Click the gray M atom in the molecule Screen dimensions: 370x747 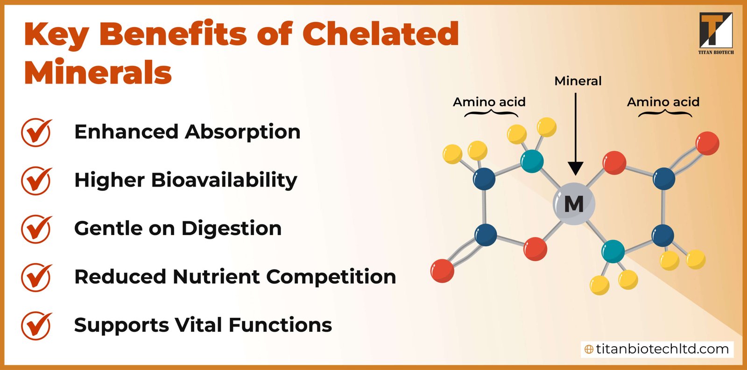[x=574, y=204]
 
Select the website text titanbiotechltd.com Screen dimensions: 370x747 [x=662, y=349]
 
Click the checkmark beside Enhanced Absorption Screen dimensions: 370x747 [x=36, y=133]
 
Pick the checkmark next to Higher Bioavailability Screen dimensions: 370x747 [x=36, y=181]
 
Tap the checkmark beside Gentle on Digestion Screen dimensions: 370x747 [x=36, y=229]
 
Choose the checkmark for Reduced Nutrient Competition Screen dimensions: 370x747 [x=36, y=277]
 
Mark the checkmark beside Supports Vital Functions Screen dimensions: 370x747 [x=36, y=326]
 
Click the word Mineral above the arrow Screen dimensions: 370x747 [x=578, y=81]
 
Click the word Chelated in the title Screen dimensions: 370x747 [x=381, y=34]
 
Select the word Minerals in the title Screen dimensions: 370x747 [x=98, y=73]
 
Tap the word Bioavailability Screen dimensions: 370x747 [x=224, y=180]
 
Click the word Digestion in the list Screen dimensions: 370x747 [x=232, y=229]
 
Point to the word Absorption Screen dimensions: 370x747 [x=243, y=132]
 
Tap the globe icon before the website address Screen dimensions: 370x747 [x=589, y=349]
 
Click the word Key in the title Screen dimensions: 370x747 [x=56, y=35]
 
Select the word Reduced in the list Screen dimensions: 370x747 [x=120, y=277]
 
